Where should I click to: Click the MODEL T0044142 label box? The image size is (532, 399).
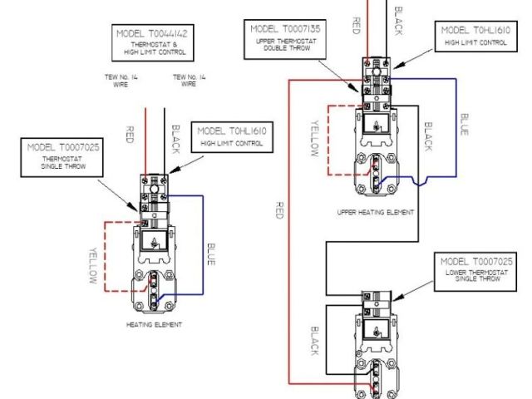point(150,42)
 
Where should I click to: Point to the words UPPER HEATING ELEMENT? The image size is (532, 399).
point(375,213)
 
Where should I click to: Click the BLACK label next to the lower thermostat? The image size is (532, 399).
point(314,341)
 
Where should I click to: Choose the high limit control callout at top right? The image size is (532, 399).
point(475,36)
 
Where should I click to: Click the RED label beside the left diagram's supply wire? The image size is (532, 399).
point(130,135)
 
